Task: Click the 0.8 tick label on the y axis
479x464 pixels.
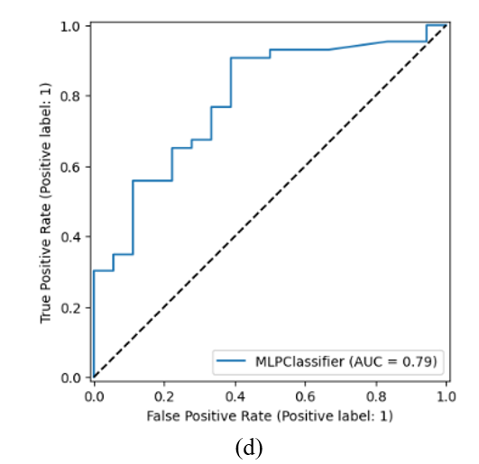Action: (71, 96)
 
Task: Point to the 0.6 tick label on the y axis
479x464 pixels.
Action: (71, 168)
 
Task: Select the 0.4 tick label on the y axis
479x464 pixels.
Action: (71, 237)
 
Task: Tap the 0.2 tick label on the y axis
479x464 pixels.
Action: (71, 308)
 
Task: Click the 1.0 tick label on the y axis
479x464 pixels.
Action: (71, 27)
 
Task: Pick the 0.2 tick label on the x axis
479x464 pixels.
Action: (164, 396)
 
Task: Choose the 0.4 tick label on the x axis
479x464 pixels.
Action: (235, 396)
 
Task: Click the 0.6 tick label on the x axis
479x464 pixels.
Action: (305, 396)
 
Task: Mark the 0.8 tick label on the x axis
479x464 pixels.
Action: (376, 396)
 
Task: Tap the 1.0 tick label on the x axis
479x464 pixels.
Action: (447, 396)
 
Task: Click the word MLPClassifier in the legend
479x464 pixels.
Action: (300, 362)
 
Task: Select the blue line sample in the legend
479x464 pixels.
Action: (231, 361)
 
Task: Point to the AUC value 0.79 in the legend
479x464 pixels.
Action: (418, 362)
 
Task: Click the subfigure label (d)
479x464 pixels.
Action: (249, 448)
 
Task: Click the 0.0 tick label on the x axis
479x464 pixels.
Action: (94, 396)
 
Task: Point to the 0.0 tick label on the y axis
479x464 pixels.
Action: (71, 378)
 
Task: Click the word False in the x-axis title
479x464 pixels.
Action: (163, 416)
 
